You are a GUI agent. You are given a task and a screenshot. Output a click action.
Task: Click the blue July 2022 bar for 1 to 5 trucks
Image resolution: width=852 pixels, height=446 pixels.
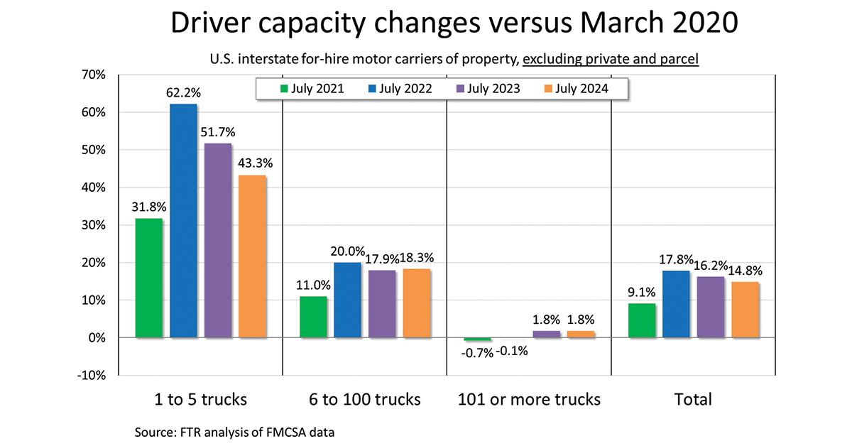click(183, 220)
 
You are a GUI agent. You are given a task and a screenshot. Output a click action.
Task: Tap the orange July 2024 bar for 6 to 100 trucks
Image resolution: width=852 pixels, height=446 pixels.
click(416, 303)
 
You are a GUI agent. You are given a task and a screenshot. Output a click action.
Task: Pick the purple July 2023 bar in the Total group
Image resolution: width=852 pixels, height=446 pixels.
click(711, 307)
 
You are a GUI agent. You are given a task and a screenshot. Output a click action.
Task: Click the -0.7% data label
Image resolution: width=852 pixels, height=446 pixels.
click(478, 352)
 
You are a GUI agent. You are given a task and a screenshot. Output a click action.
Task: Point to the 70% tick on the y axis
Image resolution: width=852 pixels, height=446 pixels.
click(92, 75)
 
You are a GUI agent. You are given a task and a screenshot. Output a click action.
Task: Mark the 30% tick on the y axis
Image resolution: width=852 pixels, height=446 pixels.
click(92, 225)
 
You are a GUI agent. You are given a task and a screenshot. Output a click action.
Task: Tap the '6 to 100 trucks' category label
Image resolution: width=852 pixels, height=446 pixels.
click(365, 399)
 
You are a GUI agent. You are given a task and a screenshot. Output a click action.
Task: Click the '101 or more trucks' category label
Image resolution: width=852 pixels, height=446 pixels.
click(529, 399)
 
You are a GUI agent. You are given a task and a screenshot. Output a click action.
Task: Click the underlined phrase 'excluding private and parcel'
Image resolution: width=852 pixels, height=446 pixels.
click(611, 59)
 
